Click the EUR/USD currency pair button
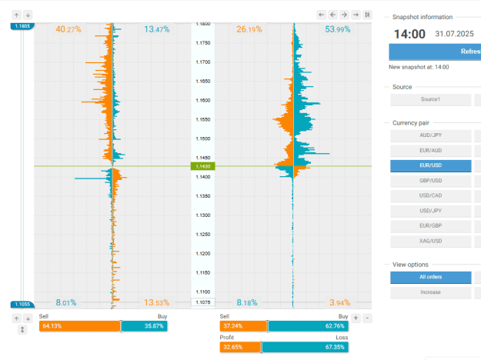tap(430, 165)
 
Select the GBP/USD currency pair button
tap(430, 181)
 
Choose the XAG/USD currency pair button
tap(430, 241)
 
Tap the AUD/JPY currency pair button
tap(430, 135)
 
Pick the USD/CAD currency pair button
tap(430, 195)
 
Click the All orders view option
tap(430, 277)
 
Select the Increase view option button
tap(430, 292)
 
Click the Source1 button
tap(430, 99)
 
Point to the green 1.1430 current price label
tap(202, 166)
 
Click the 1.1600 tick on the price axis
tap(203, 100)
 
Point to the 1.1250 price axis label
tap(203, 235)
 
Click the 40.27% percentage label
tap(68, 29)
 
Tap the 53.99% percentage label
tap(337, 29)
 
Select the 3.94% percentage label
tap(339, 302)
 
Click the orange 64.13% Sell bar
tap(80, 326)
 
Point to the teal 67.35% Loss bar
tap(305, 347)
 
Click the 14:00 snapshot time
tap(409, 34)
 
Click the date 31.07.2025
tap(454, 34)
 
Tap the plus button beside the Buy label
tap(356, 318)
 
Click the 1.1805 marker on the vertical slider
tap(22, 26)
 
